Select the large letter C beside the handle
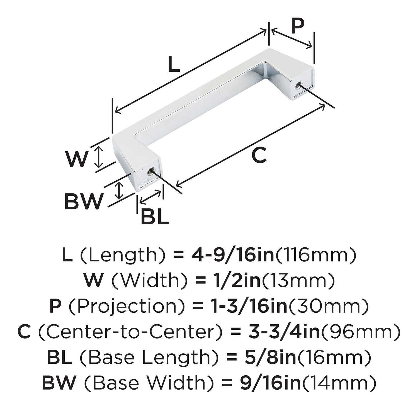click(x=259, y=155)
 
